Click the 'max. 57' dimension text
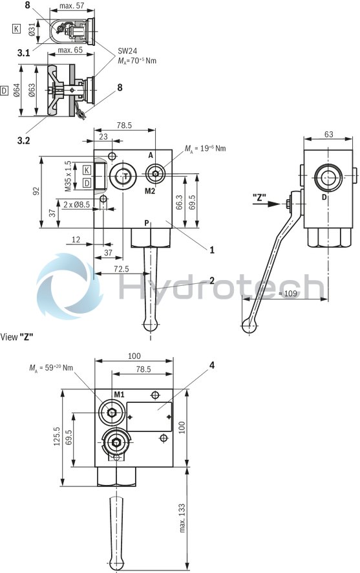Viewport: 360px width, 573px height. [x=72, y=6]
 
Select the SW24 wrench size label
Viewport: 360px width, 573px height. [x=125, y=51]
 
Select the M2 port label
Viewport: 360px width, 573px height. [x=150, y=191]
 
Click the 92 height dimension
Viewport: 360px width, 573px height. [x=37, y=191]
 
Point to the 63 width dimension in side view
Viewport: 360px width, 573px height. [x=328, y=135]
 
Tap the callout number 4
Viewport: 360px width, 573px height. [x=211, y=364]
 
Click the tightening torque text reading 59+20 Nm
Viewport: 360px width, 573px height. [x=51, y=367]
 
